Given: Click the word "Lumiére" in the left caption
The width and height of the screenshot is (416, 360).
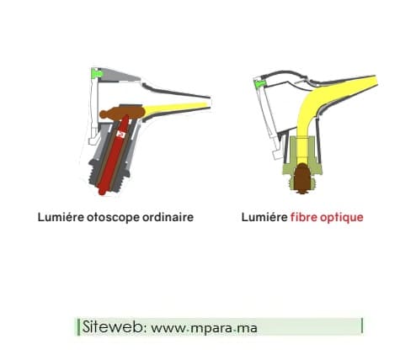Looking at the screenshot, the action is click(x=61, y=217).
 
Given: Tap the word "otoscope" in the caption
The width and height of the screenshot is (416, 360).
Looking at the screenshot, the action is click(x=113, y=218).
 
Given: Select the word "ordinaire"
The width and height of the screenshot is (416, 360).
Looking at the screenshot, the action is click(x=168, y=217).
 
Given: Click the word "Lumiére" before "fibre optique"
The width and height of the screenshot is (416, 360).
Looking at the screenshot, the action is click(x=264, y=217).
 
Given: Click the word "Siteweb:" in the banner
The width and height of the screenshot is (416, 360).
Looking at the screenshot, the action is click(x=113, y=326).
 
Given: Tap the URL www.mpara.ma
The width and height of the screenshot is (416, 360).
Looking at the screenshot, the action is click(x=204, y=327).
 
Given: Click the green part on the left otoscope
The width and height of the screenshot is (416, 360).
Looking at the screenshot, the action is click(x=98, y=74).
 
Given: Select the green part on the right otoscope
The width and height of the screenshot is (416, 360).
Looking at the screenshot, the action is click(x=260, y=83).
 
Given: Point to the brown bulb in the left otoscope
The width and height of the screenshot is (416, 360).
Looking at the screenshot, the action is click(x=122, y=113).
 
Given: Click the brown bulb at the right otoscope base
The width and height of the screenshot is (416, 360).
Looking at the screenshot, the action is click(x=302, y=177).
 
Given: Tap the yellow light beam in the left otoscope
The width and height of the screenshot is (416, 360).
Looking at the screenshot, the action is click(x=177, y=108).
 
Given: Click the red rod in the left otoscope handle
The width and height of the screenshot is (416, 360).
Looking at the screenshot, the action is click(x=115, y=156).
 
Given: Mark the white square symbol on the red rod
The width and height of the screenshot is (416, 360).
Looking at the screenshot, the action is click(x=121, y=134).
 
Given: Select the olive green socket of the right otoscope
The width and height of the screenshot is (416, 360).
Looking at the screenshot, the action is click(x=302, y=157).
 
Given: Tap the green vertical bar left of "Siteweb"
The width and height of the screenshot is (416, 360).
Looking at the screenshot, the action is click(x=78, y=327).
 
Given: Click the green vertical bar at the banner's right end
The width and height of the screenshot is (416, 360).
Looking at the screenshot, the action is click(x=362, y=326).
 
